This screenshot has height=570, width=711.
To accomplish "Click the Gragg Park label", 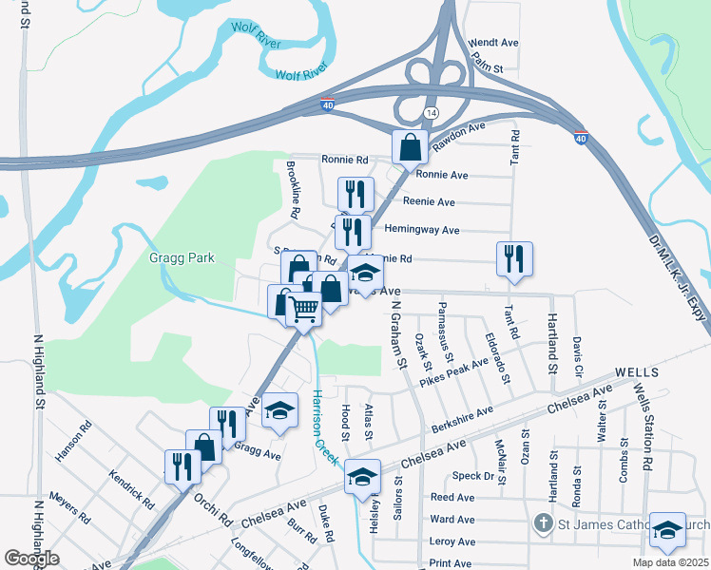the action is (182, 257).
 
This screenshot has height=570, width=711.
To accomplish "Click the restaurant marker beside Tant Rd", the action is (514, 258).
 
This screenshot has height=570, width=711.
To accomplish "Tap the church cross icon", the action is (543, 522).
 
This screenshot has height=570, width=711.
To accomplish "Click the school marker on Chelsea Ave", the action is (362, 477).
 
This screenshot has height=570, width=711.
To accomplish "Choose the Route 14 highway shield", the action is (432, 112).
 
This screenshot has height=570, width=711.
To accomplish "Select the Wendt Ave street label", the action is (494, 43).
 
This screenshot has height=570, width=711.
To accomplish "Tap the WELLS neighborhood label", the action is (638, 372).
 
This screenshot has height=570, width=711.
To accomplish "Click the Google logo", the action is (31, 559).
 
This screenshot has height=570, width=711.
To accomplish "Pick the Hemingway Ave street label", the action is (422, 230).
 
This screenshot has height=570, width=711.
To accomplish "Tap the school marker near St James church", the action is (667, 531).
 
